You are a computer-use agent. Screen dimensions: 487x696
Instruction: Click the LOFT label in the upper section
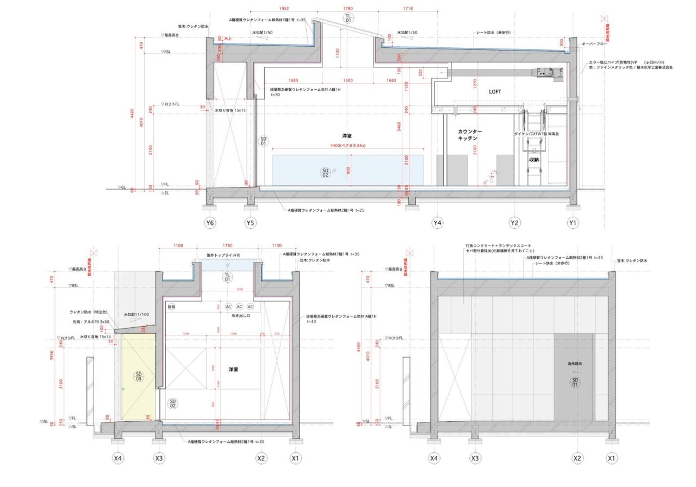(495, 92)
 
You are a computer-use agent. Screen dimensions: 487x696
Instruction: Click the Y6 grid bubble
(210, 223)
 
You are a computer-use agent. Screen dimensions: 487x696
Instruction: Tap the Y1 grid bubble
(573, 223)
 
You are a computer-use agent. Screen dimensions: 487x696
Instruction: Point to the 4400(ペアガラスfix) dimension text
(348, 146)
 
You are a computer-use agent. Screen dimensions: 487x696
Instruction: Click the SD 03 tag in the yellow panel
(139, 376)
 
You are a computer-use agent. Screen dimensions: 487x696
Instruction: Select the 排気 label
(172, 307)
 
